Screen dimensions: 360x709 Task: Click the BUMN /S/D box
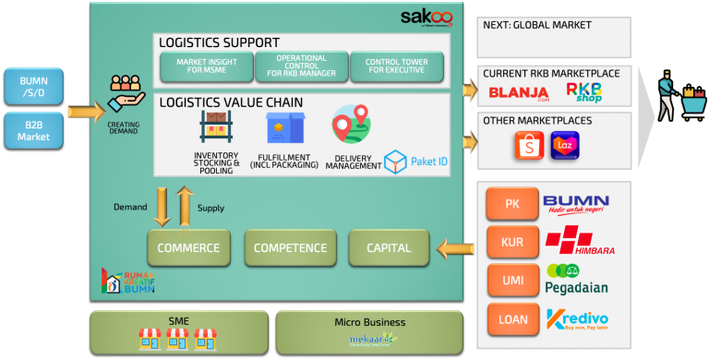coord(33,88)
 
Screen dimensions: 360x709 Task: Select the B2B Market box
coord(33,130)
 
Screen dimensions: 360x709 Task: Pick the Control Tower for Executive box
coord(396,66)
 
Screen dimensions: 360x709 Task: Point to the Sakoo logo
coord(427,18)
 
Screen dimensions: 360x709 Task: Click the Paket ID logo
coord(416,162)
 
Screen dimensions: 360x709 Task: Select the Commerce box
coord(188,247)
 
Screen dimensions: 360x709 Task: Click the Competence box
coord(290,247)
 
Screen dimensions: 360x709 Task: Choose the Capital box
coord(389,247)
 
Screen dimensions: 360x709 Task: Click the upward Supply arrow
coord(184,206)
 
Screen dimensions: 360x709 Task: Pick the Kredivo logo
coord(576,320)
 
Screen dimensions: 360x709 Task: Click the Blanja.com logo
coord(519,93)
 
